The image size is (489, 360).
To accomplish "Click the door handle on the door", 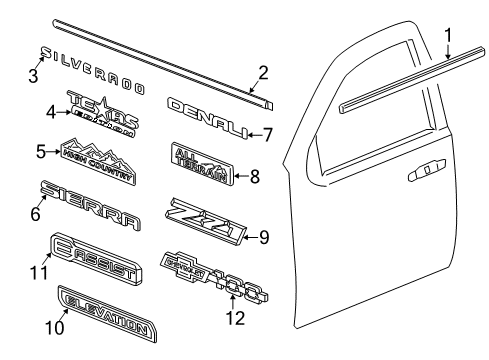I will pos(426,173).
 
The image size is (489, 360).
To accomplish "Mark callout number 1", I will pos(449,37).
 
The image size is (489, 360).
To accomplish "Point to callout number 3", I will pos(32,75).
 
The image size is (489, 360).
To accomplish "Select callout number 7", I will pos(267,132).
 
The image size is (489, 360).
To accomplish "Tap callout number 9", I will pos(264,237).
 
